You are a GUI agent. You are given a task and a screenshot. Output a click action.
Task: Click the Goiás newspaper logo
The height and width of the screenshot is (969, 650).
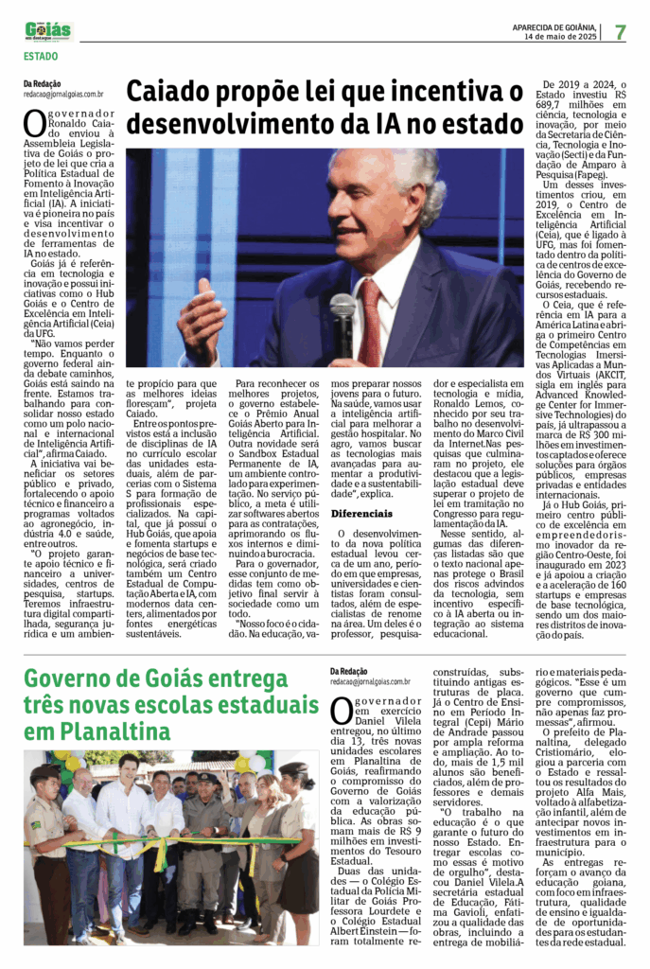[48, 30]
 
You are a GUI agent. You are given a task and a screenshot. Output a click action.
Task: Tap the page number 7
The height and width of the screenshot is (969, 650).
[620, 32]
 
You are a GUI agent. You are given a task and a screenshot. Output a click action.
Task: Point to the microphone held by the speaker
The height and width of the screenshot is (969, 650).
[343, 311]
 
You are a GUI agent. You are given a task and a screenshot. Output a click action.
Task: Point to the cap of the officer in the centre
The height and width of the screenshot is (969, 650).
[206, 779]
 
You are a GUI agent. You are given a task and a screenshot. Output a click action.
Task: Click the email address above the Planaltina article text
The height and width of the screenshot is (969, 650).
[370, 681]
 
